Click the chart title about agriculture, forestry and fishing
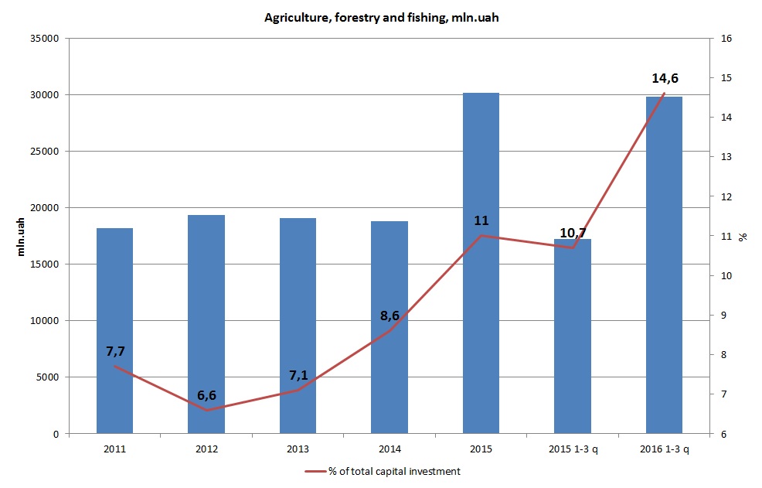pyautogui.click(x=381, y=18)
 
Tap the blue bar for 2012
pyautogui.click(x=206, y=324)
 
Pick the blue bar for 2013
pyautogui.click(x=298, y=326)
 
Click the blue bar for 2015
pyautogui.click(x=481, y=263)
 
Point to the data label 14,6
pyautogui.click(x=665, y=78)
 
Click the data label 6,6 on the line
pyautogui.click(x=206, y=395)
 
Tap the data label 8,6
pyautogui.click(x=390, y=316)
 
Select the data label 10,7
pyautogui.click(x=573, y=233)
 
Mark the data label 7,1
pyautogui.click(x=298, y=375)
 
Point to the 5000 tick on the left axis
pyautogui.click(x=49, y=377)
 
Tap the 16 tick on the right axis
pyautogui.click(x=726, y=39)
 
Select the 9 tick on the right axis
pyautogui.click(x=724, y=316)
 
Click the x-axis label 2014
pyautogui.click(x=390, y=449)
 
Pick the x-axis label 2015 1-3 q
pyautogui.click(x=573, y=449)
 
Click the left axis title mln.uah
pyautogui.click(x=22, y=236)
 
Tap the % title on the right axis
pyautogui.click(x=743, y=236)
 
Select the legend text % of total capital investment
pyautogui.click(x=394, y=471)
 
